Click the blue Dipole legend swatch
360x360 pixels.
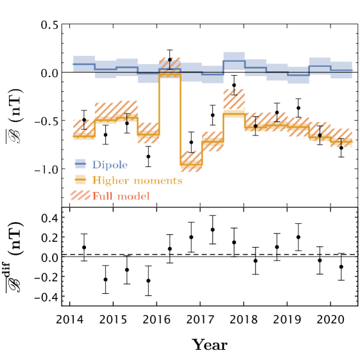(x=81, y=164)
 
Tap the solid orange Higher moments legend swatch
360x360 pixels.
(x=81, y=180)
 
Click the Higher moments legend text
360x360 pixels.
(x=137, y=180)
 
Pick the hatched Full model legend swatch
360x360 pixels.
(x=81, y=196)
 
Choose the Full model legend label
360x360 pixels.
(x=121, y=196)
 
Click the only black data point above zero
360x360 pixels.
(x=170, y=60)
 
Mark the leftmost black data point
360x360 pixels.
(x=84, y=120)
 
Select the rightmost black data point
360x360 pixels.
(x=341, y=148)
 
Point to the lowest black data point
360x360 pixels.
(x=148, y=156)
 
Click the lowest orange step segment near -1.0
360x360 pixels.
(x=191, y=166)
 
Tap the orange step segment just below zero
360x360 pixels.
(x=170, y=76)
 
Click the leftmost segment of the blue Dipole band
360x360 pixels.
(x=84, y=64)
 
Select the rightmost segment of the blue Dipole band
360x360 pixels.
(x=341, y=70)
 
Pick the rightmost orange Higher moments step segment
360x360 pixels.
(x=341, y=142)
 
